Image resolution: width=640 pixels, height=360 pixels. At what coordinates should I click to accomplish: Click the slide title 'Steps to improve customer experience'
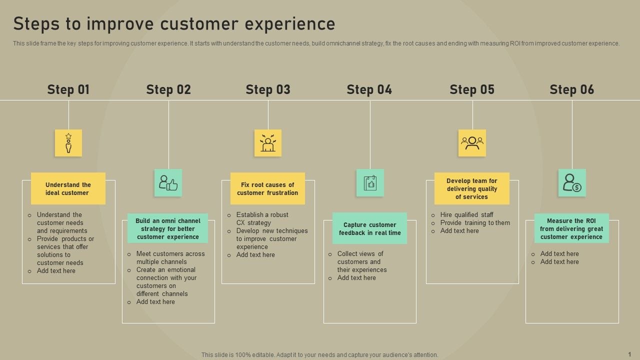coord(174,23)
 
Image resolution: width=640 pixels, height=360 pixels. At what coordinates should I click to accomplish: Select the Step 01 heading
coord(68,89)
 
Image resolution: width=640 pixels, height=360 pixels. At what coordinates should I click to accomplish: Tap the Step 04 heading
coord(369,89)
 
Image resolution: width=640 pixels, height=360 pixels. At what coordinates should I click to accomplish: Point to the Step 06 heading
coord(572,89)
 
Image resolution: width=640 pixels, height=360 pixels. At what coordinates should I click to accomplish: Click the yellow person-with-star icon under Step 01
coord(68,143)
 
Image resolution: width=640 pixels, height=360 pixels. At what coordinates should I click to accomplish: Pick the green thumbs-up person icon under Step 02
coord(168,182)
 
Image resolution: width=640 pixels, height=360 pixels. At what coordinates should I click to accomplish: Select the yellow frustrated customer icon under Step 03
coord(268,143)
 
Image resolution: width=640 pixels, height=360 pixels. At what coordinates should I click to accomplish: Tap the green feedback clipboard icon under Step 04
coord(370,182)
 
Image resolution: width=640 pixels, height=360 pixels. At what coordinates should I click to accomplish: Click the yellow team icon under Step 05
coord(472,143)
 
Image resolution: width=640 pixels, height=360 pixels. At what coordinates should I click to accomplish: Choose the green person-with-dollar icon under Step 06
coord(572,182)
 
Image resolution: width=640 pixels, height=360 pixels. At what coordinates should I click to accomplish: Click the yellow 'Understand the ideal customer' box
coord(68,188)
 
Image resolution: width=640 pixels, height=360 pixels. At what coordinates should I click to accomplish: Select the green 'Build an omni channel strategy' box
coord(167,228)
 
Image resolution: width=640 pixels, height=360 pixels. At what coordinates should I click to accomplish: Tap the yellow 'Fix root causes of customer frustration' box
coord(267,188)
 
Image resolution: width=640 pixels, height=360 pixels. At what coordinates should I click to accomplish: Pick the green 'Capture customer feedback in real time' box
coord(369,228)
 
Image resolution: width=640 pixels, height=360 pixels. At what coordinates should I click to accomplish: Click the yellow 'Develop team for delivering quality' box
coord(471,188)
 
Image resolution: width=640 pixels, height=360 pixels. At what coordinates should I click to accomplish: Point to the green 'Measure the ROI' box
coord(571,228)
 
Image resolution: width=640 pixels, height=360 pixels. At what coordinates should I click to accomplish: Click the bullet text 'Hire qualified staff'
coord(466,215)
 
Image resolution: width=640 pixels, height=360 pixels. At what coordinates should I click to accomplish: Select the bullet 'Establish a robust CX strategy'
coord(262,218)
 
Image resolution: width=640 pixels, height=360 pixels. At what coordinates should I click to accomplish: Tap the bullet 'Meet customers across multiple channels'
coord(170,257)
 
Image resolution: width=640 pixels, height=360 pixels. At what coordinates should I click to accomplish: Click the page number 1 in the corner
coord(629,353)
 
